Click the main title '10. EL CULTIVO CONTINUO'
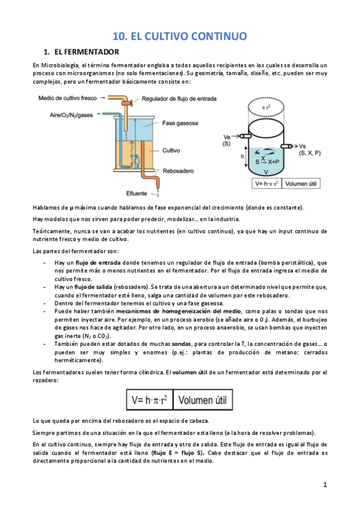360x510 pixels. pos(180,36)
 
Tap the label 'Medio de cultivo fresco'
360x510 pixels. pos(67,98)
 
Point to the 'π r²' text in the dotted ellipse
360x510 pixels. pos(269,107)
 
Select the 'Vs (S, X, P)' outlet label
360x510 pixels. pos(310,150)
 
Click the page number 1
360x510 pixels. pos(325,485)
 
